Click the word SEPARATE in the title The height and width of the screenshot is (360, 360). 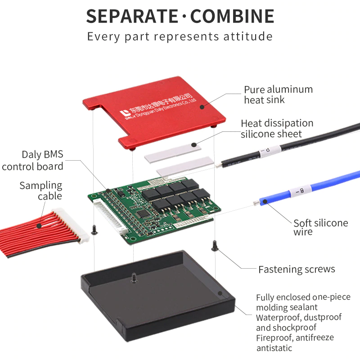[x=132, y=17]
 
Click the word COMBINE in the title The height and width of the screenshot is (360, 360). [x=232, y=17]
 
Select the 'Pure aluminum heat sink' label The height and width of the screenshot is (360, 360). [x=278, y=94]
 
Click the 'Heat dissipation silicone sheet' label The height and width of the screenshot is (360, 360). [x=277, y=128]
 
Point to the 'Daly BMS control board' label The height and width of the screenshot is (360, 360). [x=33, y=161]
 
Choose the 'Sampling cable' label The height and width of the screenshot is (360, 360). [x=41, y=190]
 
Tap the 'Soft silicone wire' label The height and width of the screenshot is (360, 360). [x=320, y=227]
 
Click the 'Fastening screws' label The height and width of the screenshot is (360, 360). [x=297, y=269]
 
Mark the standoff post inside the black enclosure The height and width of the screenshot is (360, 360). [x=134, y=278]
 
